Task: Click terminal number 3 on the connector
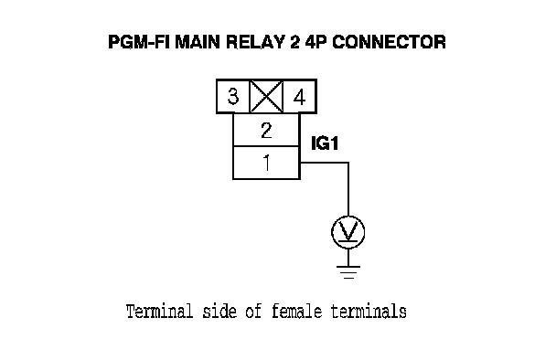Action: (x=233, y=96)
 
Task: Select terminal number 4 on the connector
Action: (x=300, y=97)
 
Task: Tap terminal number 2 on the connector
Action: (x=266, y=130)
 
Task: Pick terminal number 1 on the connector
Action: (x=266, y=163)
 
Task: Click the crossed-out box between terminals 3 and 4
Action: (x=266, y=96)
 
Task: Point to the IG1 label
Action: (x=325, y=143)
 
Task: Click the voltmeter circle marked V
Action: (x=348, y=232)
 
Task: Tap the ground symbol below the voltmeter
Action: (x=348, y=272)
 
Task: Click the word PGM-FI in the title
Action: (x=139, y=42)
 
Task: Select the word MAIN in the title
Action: (x=198, y=42)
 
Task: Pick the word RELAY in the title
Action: (x=255, y=42)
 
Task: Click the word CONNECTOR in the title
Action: (x=389, y=42)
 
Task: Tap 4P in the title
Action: (x=315, y=42)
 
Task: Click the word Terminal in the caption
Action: (x=159, y=312)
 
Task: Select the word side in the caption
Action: (x=219, y=312)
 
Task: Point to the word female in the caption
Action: (x=297, y=312)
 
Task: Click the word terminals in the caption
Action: (x=369, y=312)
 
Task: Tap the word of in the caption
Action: (x=254, y=312)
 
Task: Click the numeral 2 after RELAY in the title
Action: (x=294, y=42)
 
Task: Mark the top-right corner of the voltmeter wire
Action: (x=348, y=163)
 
